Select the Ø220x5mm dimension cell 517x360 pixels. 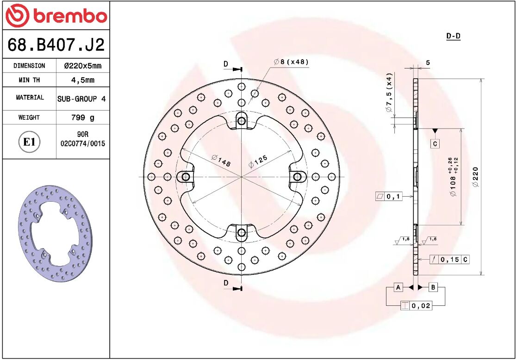click(x=82, y=66)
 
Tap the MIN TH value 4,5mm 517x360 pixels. click(x=82, y=80)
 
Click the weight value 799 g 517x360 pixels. click(x=82, y=118)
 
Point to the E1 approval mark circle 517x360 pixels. click(x=29, y=142)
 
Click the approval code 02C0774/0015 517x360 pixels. click(x=83, y=144)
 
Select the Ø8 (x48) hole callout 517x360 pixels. click(x=291, y=62)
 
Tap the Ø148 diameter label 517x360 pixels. click(x=221, y=161)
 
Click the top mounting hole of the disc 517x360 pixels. click(x=241, y=121)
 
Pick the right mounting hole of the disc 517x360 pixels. click(x=297, y=176)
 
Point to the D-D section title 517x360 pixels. click(x=453, y=36)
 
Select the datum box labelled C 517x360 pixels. click(x=435, y=144)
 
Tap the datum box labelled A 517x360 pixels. click(x=398, y=287)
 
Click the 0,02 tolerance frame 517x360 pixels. click(x=416, y=306)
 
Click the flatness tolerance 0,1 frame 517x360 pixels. click(x=388, y=197)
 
